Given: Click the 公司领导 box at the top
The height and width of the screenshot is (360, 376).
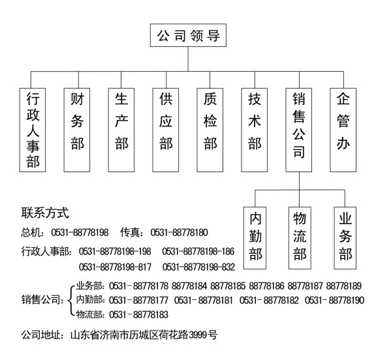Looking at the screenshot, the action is click(188, 35).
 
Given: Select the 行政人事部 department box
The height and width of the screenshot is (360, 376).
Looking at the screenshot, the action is click(33, 130).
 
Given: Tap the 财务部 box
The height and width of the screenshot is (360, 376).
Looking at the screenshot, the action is click(77, 130).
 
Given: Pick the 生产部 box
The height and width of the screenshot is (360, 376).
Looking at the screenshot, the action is click(121, 130).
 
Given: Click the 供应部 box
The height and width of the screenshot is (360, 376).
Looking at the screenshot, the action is click(166, 130).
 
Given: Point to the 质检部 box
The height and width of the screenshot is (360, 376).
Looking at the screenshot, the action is click(210, 130).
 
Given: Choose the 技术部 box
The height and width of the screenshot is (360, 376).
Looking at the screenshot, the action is click(255, 130).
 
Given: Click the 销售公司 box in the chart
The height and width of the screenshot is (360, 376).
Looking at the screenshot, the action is click(299, 130).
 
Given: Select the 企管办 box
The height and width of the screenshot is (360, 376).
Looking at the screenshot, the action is click(343, 130).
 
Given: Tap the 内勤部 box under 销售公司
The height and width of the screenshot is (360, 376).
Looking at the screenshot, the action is click(255, 238).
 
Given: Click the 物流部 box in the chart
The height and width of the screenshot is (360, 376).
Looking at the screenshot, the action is click(300, 238).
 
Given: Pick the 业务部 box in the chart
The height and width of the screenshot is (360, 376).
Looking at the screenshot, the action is click(345, 238).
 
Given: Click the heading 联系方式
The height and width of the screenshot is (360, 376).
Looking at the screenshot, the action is click(45, 213).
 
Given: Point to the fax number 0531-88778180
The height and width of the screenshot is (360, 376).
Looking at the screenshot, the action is click(179, 233).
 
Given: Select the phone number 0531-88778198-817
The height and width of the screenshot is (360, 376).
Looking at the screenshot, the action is click(115, 267).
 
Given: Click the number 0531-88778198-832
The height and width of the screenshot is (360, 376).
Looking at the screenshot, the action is click(198, 267).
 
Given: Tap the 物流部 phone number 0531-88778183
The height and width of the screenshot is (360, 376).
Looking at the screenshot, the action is click(138, 314).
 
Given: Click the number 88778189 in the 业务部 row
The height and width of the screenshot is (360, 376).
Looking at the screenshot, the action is click(343, 286).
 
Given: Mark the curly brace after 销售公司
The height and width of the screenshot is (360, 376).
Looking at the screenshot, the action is click(71, 301).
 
